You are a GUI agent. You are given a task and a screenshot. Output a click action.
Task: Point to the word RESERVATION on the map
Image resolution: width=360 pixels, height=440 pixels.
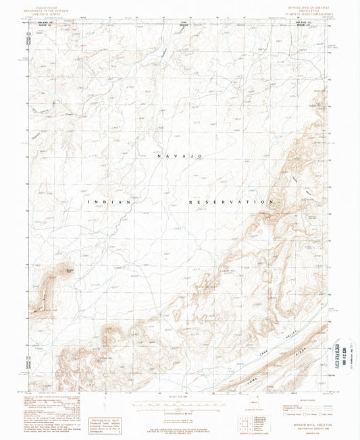[230, 202]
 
